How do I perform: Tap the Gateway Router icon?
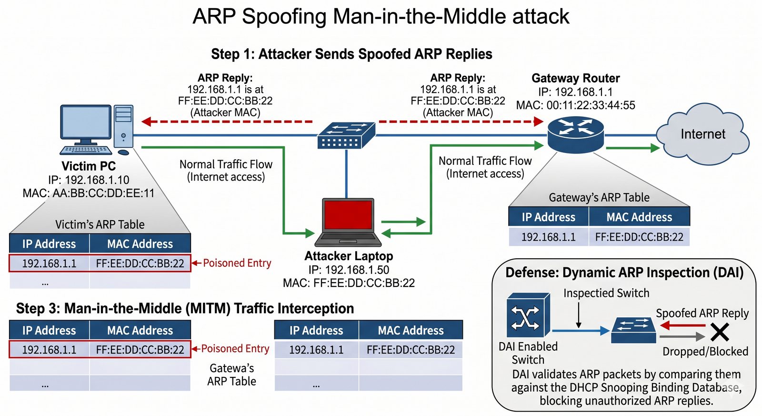pos(575,133)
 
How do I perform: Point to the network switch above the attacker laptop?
pos(346,135)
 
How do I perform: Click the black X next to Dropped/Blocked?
pos(720,332)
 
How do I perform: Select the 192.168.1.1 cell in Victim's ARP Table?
pos(49,264)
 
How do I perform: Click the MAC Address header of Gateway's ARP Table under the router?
pos(639,217)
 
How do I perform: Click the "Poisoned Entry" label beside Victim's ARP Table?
pos(237,263)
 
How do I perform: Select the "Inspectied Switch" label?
pos(606,293)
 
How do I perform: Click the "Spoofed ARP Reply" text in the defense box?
pos(702,313)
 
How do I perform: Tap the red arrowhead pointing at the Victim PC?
pos(147,122)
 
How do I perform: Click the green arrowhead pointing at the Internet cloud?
pos(655,148)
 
